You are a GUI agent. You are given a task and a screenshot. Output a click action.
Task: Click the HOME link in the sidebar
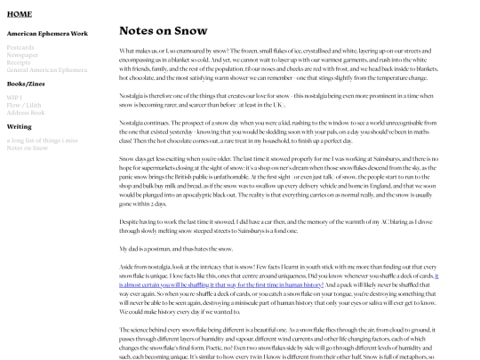point(19,14)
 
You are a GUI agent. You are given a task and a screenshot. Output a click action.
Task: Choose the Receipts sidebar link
point(20,61)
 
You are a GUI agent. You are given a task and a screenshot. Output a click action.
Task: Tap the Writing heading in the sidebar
point(19,126)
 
